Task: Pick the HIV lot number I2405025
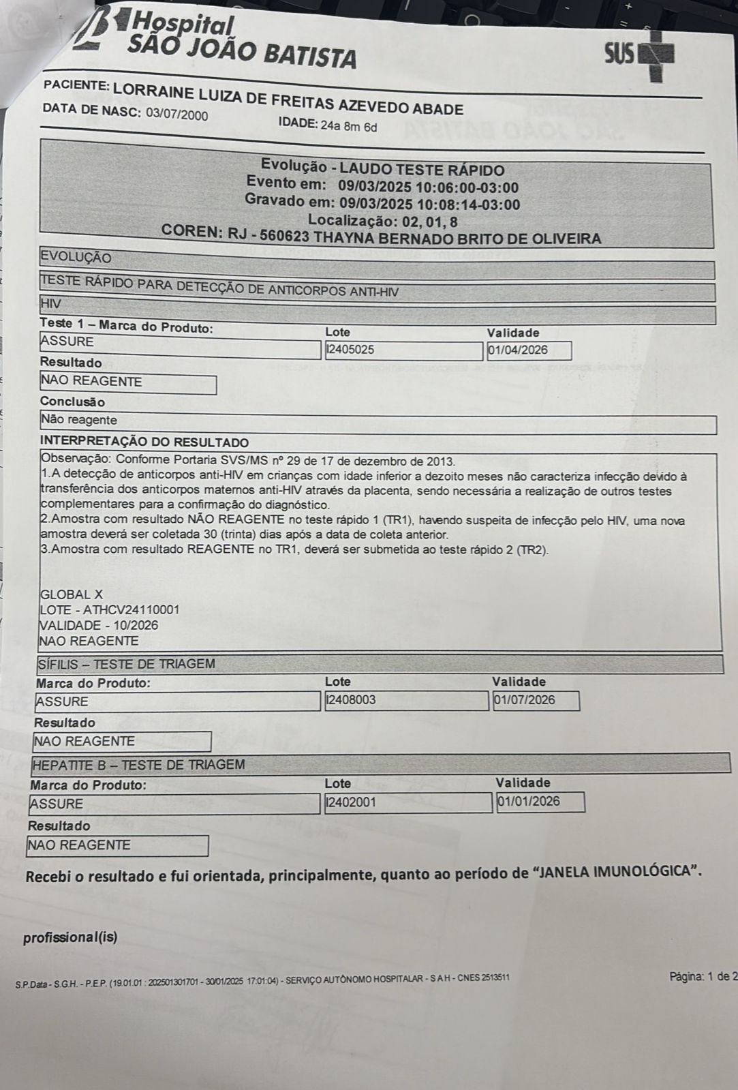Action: (350, 350)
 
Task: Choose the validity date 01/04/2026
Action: (519, 350)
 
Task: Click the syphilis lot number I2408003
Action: (351, 699)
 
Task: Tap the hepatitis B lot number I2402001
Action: (351, 802)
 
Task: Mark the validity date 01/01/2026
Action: (529, 802)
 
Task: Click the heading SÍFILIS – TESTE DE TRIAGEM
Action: (126, 664)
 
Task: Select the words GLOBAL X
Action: (72, 594)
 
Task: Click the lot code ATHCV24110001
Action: (132, 609)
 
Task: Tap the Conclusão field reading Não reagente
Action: (79, 421)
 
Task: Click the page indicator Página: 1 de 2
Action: (702, 977)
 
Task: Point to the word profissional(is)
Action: (70, 937)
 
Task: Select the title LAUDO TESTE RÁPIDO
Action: (422, 170)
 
